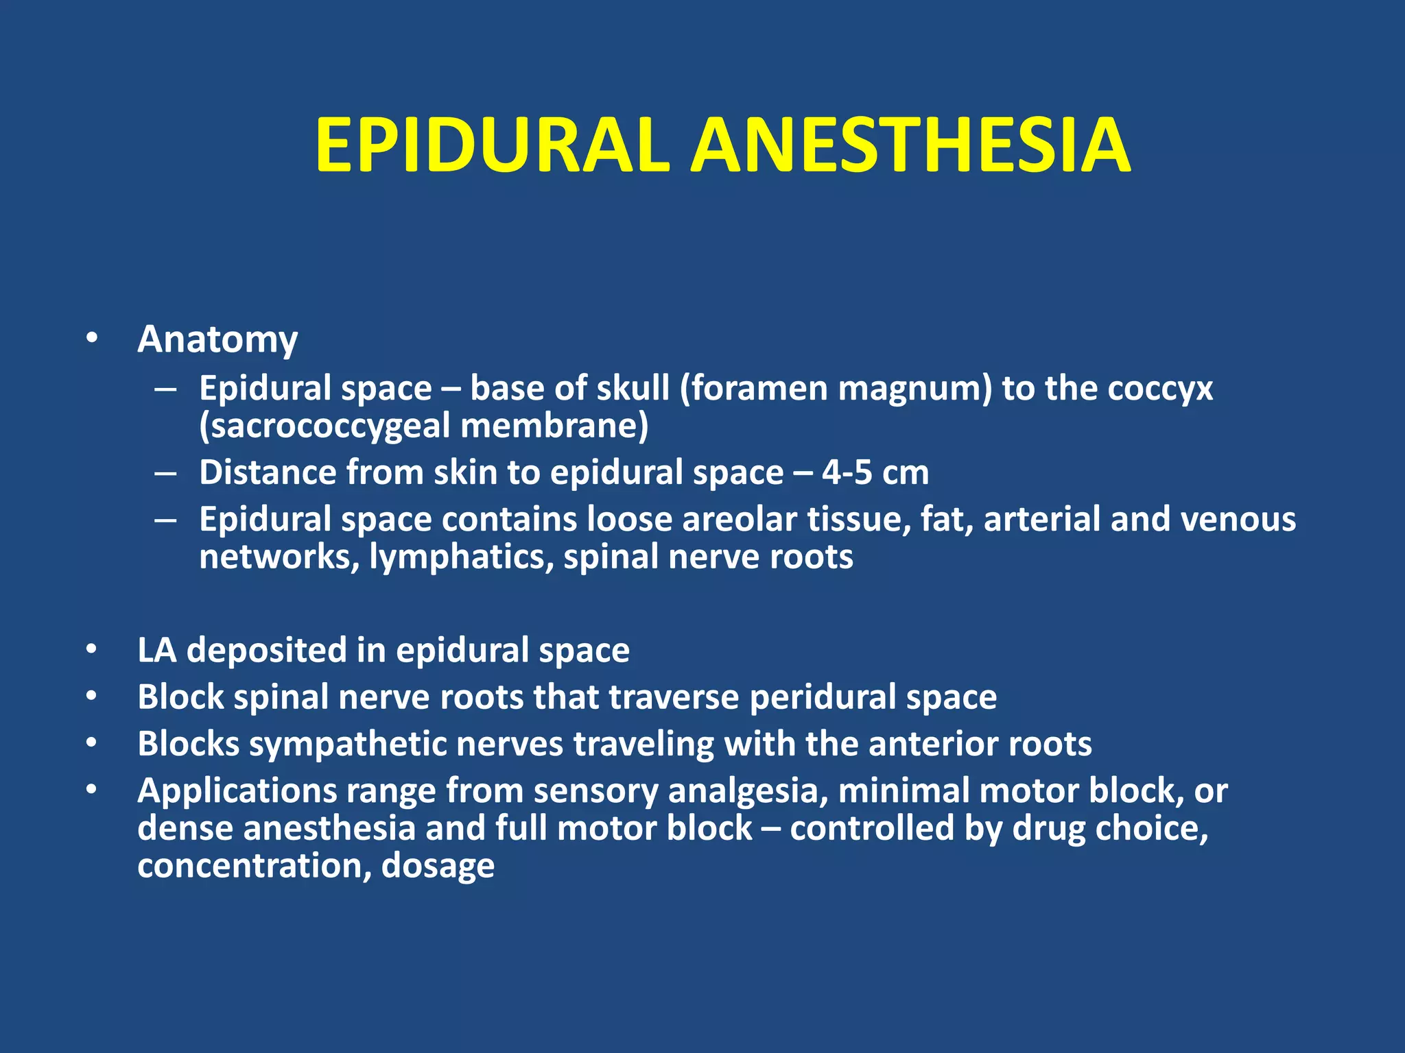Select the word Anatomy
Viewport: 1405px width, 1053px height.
[217, 339]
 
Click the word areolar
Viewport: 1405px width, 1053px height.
[739, 519]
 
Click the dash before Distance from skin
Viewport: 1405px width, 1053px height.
[165, 473]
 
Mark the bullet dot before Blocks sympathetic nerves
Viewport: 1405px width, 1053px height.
[92, 743]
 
